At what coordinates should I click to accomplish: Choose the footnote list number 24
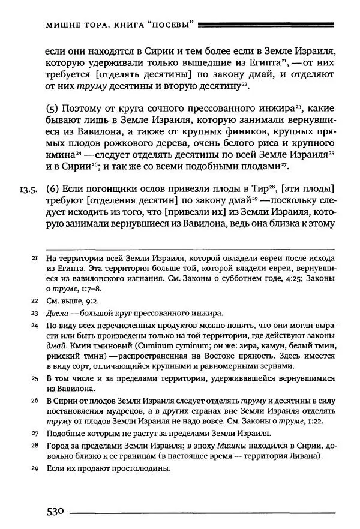34,326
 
